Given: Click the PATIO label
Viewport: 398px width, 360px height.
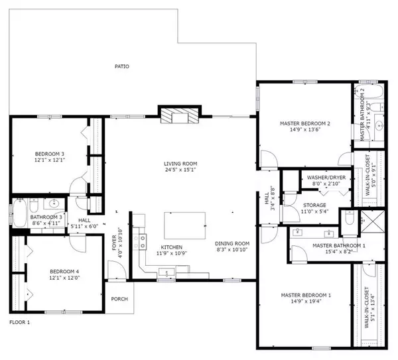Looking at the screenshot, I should point(121,66).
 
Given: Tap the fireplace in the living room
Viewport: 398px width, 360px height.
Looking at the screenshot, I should point(178,115).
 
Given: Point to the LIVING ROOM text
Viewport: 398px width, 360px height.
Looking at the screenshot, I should point(180,163).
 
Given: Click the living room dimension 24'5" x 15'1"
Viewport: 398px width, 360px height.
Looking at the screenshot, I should point(180,170).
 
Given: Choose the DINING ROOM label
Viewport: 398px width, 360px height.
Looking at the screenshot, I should point(232,243).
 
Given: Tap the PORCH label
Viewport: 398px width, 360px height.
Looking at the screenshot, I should point(119,299).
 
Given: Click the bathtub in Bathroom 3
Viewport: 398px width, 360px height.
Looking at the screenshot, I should point(18,213).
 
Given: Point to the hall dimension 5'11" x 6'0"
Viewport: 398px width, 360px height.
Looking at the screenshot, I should point(84,226).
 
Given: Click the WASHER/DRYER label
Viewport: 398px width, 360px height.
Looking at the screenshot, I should point(326,178).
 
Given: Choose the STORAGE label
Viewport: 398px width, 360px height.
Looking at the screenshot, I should point(315,206).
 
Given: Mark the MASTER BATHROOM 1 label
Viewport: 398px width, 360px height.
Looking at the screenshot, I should point(321,245).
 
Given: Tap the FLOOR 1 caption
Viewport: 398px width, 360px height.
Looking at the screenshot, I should point(20,322).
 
